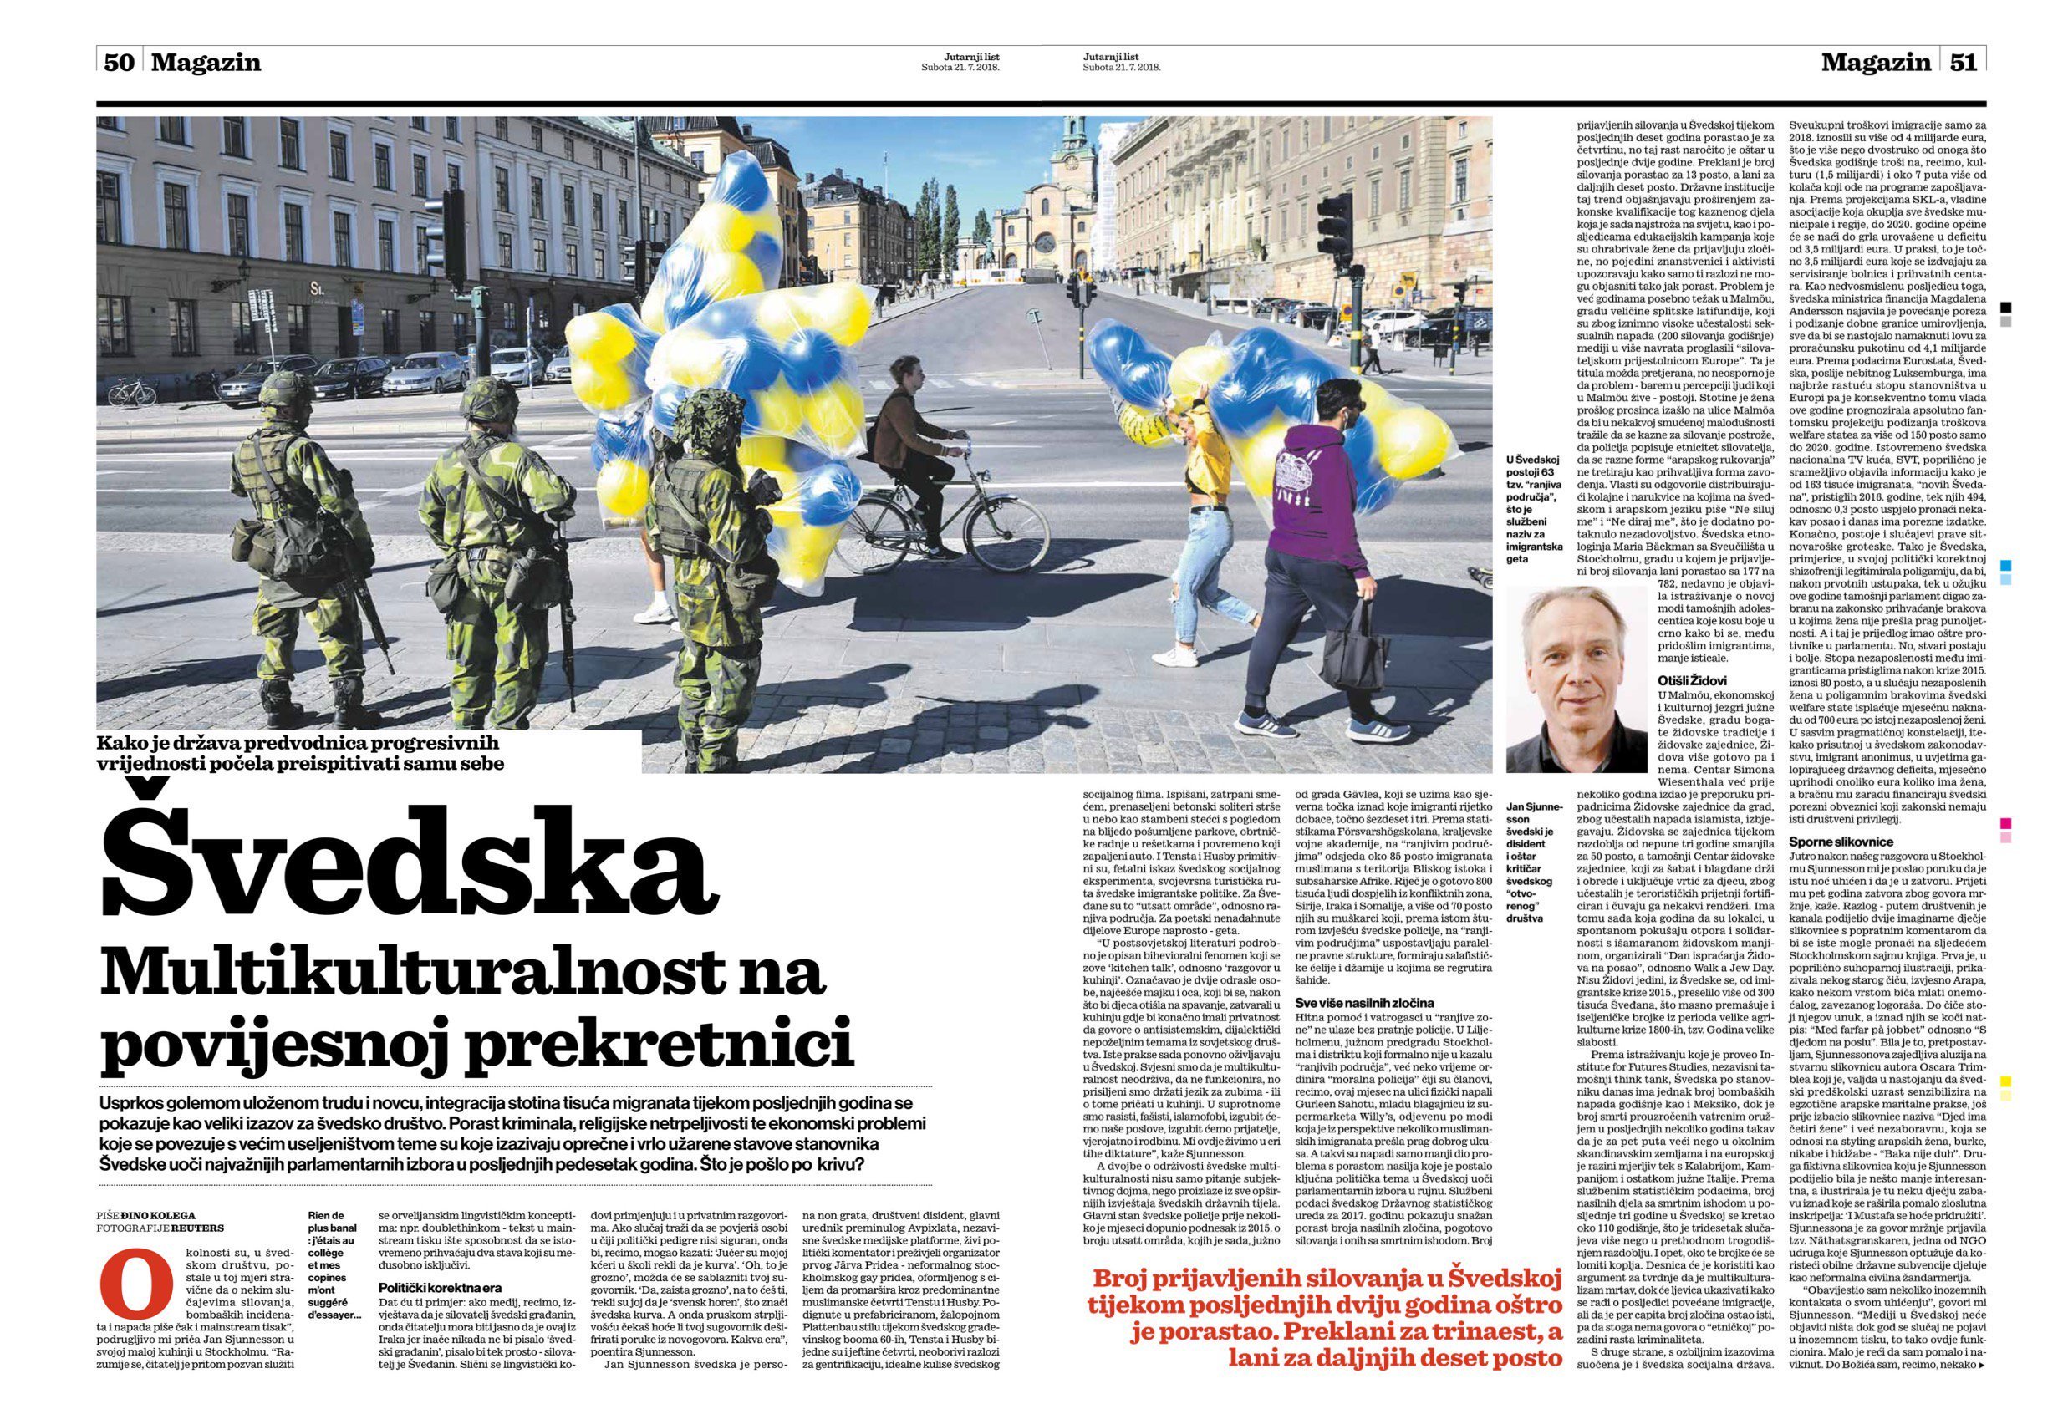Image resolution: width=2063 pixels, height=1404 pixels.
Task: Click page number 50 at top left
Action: (x=118, y=63)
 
